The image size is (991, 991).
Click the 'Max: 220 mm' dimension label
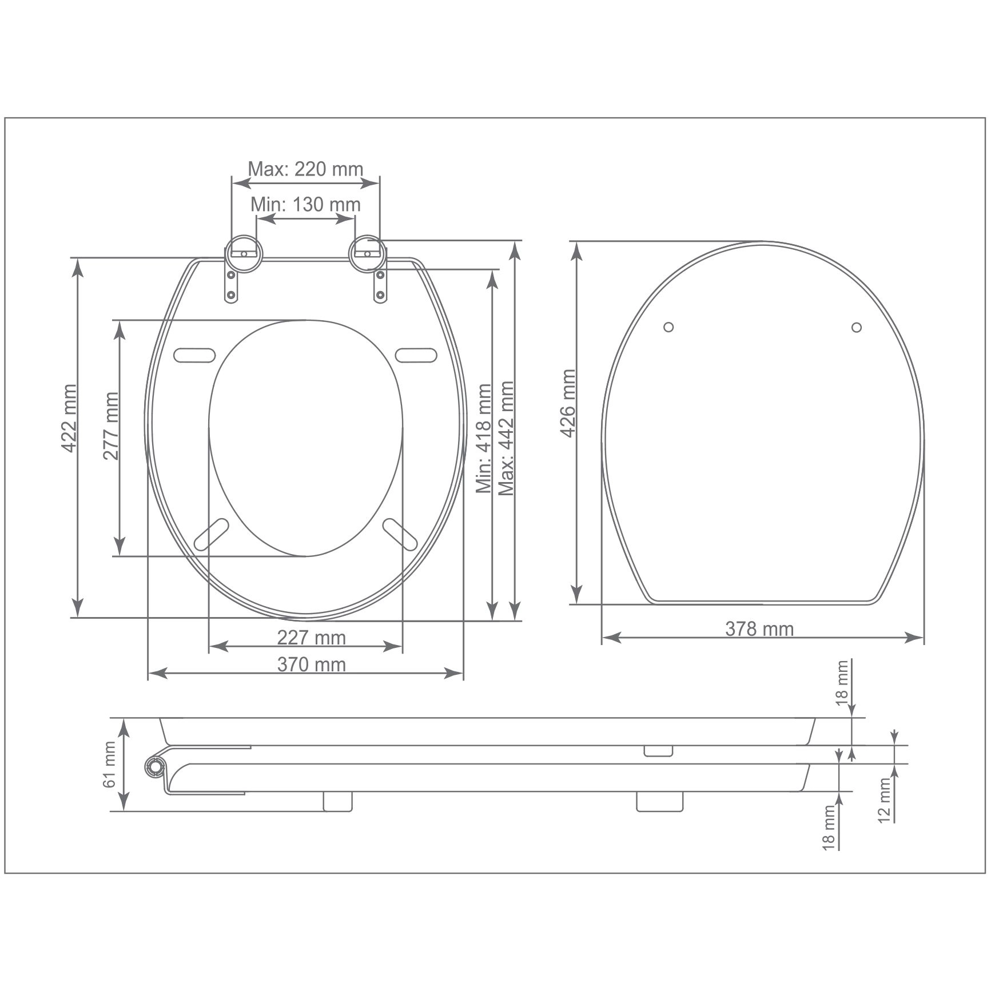305,169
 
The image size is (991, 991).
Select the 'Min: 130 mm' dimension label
305,204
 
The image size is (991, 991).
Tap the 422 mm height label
69,419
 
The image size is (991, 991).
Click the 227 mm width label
312,637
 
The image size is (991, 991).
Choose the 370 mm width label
312,664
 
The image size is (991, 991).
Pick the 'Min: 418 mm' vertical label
484,438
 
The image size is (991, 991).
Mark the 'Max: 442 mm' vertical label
506,438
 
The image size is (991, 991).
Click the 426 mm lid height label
567,403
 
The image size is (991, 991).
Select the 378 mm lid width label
759,629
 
